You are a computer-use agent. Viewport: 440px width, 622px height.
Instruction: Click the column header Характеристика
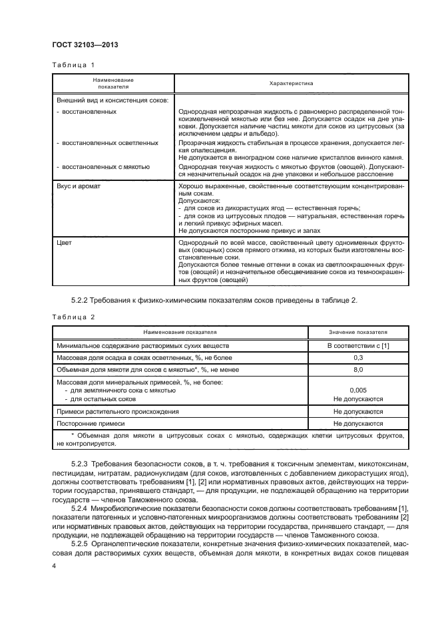tap(291, 83)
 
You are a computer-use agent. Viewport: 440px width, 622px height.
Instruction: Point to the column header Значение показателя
tap(357, 333)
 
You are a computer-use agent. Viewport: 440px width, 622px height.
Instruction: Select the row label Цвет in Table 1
tap(65, 243)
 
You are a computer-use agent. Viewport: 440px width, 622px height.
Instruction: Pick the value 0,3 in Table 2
tap(357, 357)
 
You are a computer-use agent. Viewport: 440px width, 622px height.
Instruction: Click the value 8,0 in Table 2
tap(357, 369)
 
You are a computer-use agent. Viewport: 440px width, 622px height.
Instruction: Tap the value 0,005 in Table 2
tap(357, 390)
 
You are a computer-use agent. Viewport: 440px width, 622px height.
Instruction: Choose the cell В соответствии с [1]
tap(357, 346)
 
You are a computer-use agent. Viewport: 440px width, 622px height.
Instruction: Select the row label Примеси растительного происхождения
tap(118, 412)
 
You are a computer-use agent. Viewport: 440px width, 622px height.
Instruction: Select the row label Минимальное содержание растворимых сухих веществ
tap(143, 346)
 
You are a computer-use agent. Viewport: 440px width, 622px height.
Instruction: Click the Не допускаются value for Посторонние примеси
tap(357, 422)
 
